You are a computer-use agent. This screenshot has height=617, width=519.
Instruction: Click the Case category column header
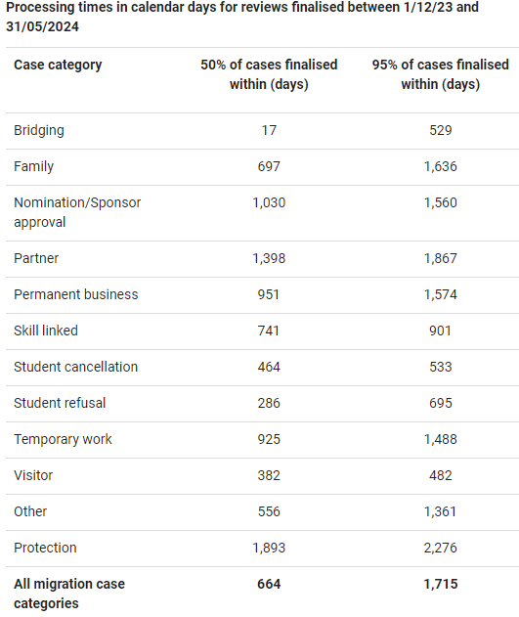58,65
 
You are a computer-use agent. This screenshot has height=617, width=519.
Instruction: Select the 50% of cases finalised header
269,74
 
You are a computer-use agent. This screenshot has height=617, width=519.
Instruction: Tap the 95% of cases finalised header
441,74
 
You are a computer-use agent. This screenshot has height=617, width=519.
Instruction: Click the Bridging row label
39,131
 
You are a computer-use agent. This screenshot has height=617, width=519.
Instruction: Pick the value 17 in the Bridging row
269,130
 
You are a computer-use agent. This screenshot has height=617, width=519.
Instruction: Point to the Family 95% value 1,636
441,166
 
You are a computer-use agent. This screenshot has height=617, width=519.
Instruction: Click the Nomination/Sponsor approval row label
77,212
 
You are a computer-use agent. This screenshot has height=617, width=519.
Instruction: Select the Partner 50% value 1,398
269,258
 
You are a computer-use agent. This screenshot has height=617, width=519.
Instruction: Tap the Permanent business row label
76,294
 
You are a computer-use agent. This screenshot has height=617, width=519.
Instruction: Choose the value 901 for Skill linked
441,331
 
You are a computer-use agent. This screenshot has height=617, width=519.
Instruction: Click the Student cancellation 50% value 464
269,367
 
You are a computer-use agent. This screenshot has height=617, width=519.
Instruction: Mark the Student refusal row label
60,403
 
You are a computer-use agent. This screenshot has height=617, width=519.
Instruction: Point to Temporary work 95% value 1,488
441,439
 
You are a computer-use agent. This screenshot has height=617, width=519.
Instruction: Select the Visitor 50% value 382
269,475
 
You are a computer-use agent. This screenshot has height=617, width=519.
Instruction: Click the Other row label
30,511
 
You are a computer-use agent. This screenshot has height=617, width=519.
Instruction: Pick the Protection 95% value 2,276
441,548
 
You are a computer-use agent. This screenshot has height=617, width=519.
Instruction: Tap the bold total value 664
269,584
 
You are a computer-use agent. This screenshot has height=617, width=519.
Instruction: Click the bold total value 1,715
441,584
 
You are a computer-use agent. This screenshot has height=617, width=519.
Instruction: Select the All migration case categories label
69,594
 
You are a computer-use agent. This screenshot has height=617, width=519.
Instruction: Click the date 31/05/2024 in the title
42,26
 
